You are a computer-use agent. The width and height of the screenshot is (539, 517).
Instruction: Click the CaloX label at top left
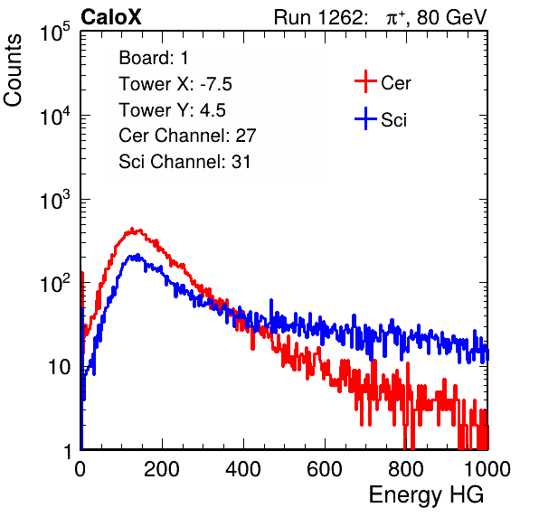pyautogui.click(x=111, y=17)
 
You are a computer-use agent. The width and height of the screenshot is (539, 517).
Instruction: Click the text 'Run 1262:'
pyautogui.click(x=318, y=17)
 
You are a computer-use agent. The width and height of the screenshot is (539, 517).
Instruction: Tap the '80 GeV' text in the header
pyautogui.click(x=452, y=17)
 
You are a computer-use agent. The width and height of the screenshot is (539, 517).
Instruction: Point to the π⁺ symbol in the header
pyautogui.click(x=395, y=18)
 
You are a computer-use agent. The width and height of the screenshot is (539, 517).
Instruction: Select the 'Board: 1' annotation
pyautogui.click(x=154, y=58)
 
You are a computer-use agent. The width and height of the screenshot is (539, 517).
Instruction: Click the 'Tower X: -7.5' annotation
pyautogui.click(x=175, y=84)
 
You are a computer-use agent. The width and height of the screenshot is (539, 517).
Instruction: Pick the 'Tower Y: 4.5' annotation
pyautogui.click(x=172, y=110)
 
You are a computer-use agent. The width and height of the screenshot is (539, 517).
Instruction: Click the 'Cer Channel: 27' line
pyautogui.click(x=188, y=136)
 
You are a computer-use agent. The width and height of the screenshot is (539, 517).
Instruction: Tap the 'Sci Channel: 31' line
pyautogui.click(x=184, y=162)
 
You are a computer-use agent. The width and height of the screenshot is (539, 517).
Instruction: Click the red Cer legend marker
pyautogui.click(x=365, y=81)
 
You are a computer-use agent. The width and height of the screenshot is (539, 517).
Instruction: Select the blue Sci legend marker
pyautogui.click(x=365, y=118)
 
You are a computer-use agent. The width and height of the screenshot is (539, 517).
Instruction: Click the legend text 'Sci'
pyautogui.click(x=394, y=120)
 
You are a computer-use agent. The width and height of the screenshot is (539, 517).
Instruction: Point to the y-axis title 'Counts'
pyautogui.click(x=13, y=70)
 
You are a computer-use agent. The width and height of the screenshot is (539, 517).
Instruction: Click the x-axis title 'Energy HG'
pyautogui.click(x=426, y=494)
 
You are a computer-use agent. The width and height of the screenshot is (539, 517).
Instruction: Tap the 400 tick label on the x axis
pyautogui.click(x=243, y=469)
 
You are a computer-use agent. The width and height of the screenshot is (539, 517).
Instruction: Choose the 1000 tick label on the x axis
pyautogui.click(x=487, y=469)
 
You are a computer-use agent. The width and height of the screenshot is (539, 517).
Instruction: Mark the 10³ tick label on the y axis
pyautogui.click(x=55, y=200)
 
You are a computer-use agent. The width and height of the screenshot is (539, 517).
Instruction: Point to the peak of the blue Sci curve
pyautogui.click(x=137, y=255)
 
